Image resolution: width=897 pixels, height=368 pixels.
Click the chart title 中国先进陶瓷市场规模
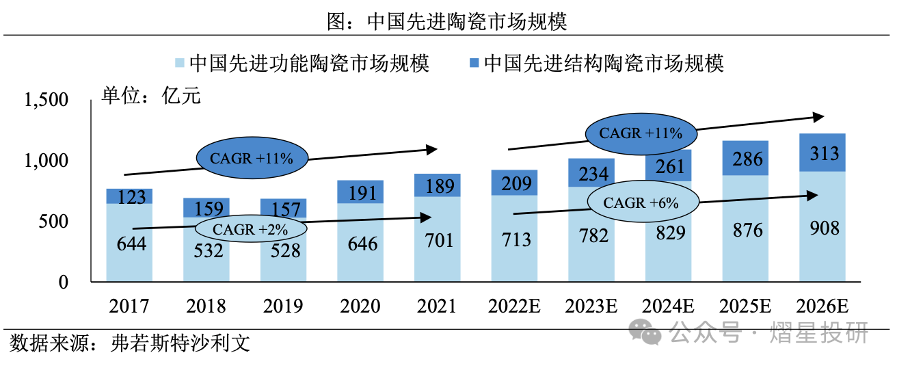(448, 22)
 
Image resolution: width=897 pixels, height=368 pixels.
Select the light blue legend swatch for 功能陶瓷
(180, 64)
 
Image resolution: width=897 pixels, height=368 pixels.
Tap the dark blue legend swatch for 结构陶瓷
(474, 64)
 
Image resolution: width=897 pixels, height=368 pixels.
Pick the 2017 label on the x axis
(129, 306)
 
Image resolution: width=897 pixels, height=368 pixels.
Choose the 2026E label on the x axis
(822, 306)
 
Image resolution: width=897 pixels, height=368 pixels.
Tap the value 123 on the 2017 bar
(129, 197)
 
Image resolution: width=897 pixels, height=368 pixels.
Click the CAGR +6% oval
(640, 203)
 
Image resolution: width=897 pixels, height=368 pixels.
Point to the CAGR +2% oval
(250, 229)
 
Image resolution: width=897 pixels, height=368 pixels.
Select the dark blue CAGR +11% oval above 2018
(252, 159)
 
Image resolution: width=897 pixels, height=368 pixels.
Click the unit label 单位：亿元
(151, 95)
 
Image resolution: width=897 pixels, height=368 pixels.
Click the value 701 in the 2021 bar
(438, 241)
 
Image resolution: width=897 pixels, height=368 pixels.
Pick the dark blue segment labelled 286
(745, 159)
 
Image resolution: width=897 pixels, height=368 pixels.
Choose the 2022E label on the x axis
(514, 306)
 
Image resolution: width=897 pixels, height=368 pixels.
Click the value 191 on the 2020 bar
(360, 192)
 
